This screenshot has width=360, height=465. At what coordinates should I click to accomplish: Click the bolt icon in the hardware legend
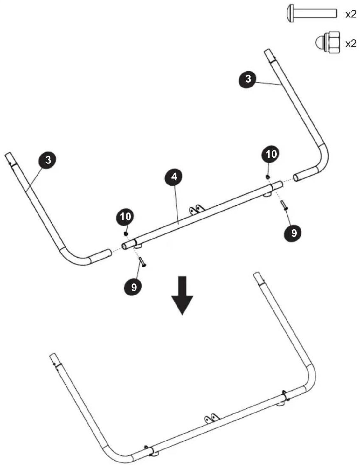tap(311, 13)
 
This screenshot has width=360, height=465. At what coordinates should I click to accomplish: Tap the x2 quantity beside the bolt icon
tap(351, 14)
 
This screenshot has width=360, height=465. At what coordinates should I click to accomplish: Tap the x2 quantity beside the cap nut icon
tap(351, 44)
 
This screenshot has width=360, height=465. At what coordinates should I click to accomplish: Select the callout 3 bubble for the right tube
tap(248, 79)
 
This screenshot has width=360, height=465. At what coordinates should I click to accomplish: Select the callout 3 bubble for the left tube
tap(48, 160)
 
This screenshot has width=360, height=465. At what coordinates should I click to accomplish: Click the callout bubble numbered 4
tap(174, 177)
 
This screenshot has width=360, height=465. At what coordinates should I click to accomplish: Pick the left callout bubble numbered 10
tap(125, 217)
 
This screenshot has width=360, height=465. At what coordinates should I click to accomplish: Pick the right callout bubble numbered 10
tap(271, 154)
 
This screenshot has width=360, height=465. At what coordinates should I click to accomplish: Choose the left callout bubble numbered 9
tap(134, 287)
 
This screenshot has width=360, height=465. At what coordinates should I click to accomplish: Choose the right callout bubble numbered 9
tap(294, 233)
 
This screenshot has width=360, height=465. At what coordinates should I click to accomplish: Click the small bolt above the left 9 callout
tap(142, 262)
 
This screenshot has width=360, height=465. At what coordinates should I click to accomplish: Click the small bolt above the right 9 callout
tap(284, 205)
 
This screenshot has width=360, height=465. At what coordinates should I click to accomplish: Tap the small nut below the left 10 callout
tap(126, 234)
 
